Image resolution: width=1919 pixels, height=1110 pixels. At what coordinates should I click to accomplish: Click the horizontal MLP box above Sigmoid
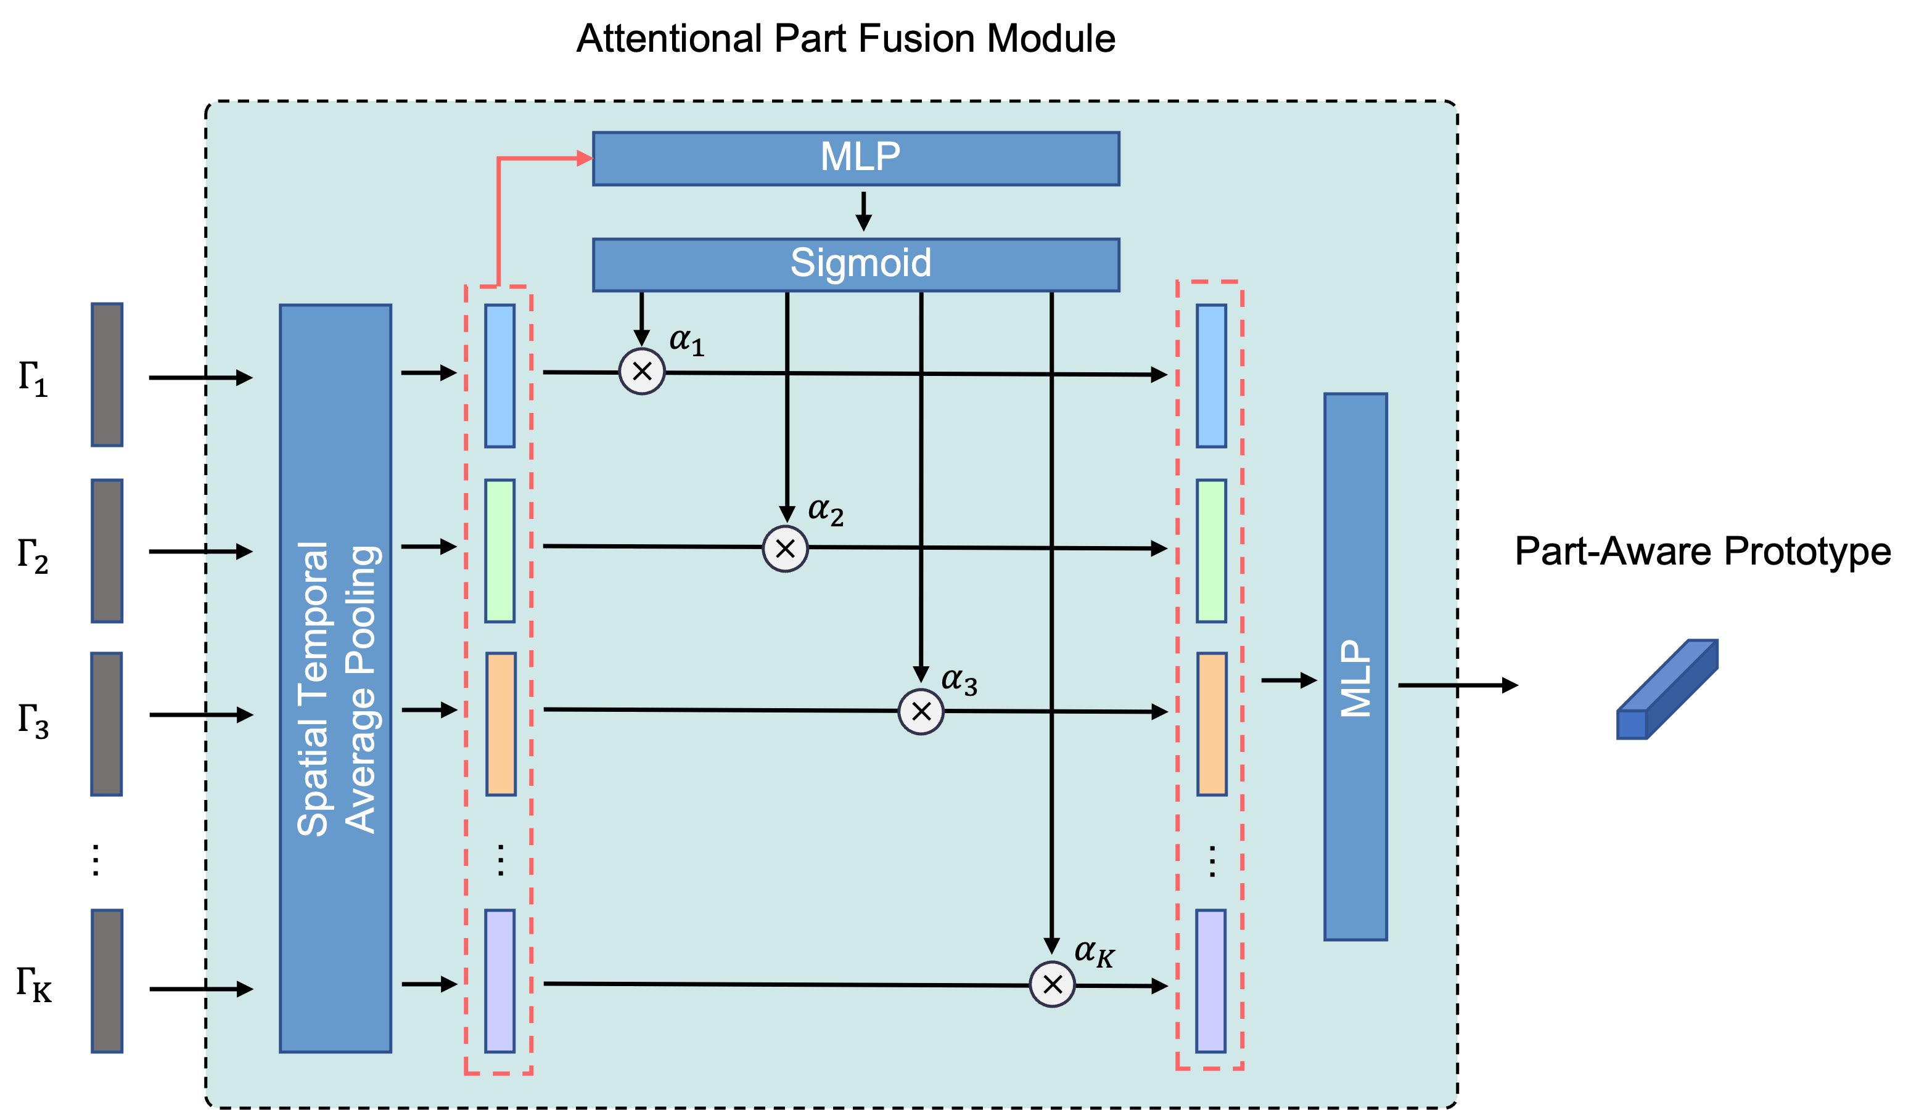tap(855, 158)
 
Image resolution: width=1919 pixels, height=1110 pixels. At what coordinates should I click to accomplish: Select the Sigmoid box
tap(855, 264)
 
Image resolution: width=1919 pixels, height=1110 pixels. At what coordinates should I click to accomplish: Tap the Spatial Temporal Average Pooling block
tap(335, 677)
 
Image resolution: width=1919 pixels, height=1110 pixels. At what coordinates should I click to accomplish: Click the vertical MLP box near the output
tap(1355, 666)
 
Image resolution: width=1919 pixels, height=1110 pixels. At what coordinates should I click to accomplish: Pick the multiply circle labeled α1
tap(642, 372)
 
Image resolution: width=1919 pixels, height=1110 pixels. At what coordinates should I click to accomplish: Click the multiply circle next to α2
tap(785, 548)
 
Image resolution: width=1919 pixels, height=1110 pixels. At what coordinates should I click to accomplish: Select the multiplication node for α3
tap(921, 711)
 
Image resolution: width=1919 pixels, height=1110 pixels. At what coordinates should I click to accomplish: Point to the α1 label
tap(686, 341)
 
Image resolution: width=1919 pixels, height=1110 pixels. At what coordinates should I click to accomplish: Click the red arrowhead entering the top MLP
tap(585, 158)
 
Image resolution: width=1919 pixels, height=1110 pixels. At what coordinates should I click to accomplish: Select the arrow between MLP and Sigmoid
tap(863, 211)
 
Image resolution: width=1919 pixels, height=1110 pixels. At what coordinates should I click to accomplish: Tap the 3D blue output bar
tap(1667, 689)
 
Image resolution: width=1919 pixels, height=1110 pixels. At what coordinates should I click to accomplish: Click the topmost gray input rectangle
tap(107, 375)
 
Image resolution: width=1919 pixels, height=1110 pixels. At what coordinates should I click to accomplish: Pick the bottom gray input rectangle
tap(107, 981)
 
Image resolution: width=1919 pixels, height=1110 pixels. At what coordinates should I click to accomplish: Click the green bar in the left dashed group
tap(499, 550)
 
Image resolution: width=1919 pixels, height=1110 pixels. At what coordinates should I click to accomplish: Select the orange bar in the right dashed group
tap(1212, 723)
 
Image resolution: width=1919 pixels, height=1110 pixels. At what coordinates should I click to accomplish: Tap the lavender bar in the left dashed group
tap(499, 981)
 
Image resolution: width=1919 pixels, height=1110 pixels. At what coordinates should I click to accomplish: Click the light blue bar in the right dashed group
tap(1211, 375)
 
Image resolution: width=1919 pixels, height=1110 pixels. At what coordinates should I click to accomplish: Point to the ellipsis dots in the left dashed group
tap(500, 860)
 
